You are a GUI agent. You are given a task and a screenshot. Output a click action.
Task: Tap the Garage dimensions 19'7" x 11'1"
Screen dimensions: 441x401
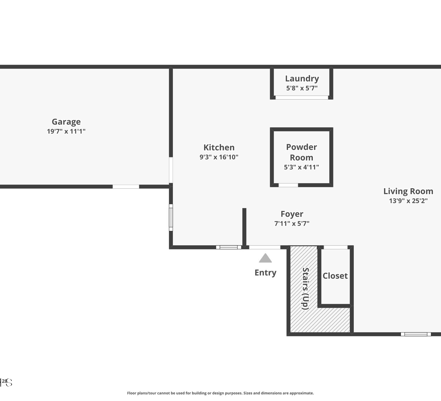(x=66, y=131)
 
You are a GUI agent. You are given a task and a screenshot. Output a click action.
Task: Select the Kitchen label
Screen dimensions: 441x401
(x=219, y=147)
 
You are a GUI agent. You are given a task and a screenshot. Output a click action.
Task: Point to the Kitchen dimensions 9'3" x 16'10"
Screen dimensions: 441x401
(x=219, y=157)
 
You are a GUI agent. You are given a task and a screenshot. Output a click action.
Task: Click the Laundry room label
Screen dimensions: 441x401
(x=302, y=79)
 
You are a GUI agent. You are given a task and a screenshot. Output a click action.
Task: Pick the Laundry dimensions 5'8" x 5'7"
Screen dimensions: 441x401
(x=302, y=88)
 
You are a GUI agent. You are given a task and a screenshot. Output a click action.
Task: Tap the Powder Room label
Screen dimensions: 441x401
(x=301, y=152)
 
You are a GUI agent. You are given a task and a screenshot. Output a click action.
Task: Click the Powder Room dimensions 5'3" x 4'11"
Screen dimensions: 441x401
(x=301, y=167)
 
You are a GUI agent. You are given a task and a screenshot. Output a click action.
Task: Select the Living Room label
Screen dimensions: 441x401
(x=408, y=191)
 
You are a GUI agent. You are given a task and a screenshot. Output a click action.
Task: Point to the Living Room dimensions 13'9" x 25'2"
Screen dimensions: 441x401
(x=408, y=201)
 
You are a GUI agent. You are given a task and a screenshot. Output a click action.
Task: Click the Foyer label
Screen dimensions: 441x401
(x=292, y=214)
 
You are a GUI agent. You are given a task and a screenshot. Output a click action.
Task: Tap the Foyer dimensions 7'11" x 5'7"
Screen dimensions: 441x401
(x=292, y=224)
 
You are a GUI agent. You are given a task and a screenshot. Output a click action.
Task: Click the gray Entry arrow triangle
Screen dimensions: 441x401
(x=265, y=259)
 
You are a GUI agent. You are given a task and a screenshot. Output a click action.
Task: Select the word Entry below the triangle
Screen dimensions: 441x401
(x=265, y=273)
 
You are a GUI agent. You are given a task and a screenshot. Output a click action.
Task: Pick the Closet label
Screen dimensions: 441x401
(x=335, y=276)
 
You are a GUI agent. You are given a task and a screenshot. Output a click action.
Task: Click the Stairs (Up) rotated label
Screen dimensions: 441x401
(x=305, y=289)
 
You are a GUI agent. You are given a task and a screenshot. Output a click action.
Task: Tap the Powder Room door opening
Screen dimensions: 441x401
(x=288, y=185)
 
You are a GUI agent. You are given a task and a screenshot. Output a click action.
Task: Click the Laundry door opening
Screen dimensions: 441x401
(x=302, y=98)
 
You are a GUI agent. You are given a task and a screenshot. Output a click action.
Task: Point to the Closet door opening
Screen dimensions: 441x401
(x=335, y=247)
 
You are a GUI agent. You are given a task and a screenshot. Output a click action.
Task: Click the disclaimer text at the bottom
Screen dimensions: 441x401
(x=220, y=393)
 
